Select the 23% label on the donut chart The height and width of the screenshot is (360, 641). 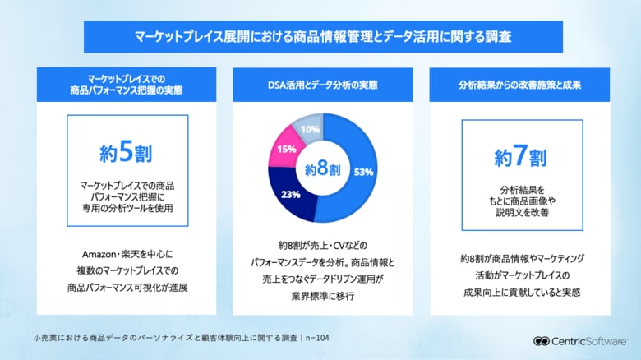[x=290, y=196]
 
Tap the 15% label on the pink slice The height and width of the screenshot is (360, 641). [x=287, y=150]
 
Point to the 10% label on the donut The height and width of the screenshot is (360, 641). [x=310, y=129]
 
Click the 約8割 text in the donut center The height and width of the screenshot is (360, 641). [x=321, y=170]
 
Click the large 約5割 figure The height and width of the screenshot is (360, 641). [x=127, y=152]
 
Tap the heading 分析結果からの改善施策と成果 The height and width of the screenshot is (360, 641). [x=522, y=85]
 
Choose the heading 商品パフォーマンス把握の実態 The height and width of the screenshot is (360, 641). [x=127, y=91]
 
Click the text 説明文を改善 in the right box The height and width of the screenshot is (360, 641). [x=522, y=211]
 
